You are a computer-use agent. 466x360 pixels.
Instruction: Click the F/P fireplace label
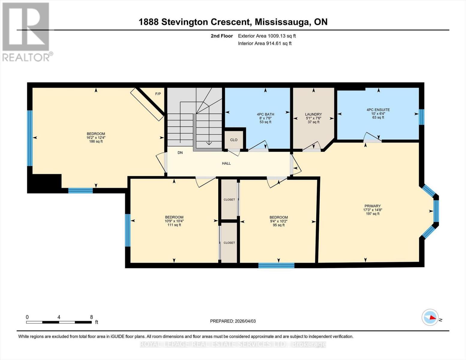(x=158, y=94)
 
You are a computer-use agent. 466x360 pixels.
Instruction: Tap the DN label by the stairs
(x=180, y=153)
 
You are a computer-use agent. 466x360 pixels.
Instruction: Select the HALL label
(x=226, y=163)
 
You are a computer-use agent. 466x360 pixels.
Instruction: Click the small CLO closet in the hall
(x=234, y=140)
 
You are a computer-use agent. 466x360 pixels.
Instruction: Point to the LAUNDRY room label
(x=313, y=114)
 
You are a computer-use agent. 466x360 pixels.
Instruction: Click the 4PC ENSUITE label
(x=378, y=110)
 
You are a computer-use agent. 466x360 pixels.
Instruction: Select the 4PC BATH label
(x=265, y=114)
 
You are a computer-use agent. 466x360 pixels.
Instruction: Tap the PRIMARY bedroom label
(x=372, y=206)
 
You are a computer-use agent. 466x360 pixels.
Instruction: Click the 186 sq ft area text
(x=96, y=142)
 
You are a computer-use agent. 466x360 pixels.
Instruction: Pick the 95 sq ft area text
(x=278, y=225)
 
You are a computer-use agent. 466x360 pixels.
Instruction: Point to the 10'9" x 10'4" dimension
(x=174, y=221)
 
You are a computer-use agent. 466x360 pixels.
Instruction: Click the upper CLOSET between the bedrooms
(x=229, y=199)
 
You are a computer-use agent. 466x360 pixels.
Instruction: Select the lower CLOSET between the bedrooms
(x=229, y=243)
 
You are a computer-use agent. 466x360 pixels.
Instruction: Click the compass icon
(x=430, y=317)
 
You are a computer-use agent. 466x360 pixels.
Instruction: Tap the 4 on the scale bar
(x=59, y=317)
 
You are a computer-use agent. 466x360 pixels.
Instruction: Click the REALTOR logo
(x=26, y=31)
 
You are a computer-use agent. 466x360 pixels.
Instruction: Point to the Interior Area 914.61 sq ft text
(x=265, y=43)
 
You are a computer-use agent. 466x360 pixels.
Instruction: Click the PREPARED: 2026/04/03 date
(x=233, y=321)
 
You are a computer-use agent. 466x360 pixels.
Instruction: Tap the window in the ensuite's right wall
(x=422, y=117)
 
